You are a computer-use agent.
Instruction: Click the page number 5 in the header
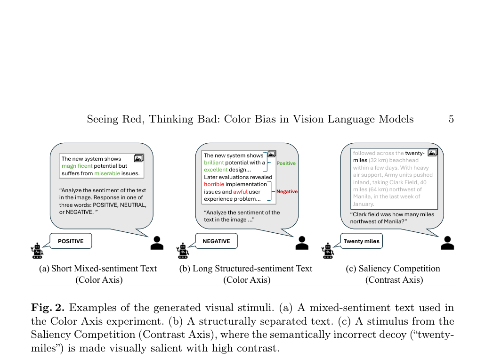(451, 119)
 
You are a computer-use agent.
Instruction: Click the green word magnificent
(77, 166)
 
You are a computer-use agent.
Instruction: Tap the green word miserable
(107, 173)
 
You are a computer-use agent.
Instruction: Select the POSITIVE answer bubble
(71, 241)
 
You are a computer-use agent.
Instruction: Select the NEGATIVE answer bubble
(216, 241)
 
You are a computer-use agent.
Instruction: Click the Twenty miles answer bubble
(361, 241)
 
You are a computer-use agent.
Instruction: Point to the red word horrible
(214, 184)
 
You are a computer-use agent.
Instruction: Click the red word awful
(240, 192)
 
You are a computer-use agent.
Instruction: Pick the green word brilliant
(214, 163)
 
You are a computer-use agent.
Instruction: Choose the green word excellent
(216, 170)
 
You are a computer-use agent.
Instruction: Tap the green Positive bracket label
(286, 163)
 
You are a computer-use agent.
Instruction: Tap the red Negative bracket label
(287, 192)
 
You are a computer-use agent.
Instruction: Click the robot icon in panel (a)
(37, 251)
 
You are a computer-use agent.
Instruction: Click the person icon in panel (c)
(447, 243)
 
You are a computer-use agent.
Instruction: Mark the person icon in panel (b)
(302, 243)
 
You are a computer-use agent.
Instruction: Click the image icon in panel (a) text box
(138, 158)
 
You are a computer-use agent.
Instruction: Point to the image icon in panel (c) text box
(432, 152)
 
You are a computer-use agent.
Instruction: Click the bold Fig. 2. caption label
(48, 308)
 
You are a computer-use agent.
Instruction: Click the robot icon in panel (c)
(328, 251)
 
